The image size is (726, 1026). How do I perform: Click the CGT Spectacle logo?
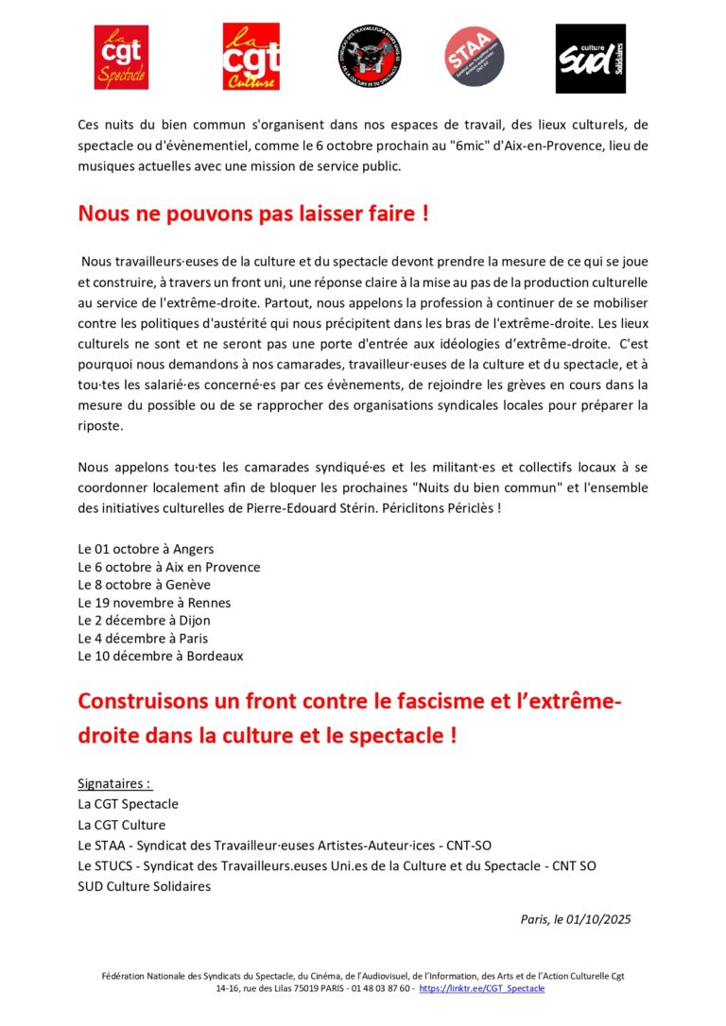pos(121,58)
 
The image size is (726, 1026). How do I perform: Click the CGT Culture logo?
pos(250,58)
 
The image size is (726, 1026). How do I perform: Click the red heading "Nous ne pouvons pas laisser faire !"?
pos(253,214)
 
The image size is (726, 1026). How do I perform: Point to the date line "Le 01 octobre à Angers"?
pos(146,549)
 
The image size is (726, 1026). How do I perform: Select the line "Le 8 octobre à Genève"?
pos(144,585)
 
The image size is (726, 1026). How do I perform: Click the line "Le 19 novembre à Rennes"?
pos(154,603)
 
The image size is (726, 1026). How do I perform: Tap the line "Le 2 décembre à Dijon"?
pos(144,621)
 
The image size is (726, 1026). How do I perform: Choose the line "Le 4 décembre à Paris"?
pos(144,638)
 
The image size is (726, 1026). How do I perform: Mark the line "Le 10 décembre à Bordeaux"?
pos(160,656)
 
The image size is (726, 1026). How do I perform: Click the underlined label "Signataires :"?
pos(114,784)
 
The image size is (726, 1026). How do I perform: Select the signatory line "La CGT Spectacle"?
pos(128,804)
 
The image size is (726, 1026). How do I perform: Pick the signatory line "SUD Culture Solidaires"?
pos(144,886)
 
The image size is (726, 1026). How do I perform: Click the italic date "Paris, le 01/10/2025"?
pos(575,919)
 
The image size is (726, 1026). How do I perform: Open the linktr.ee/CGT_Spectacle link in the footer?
pos(482,988)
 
